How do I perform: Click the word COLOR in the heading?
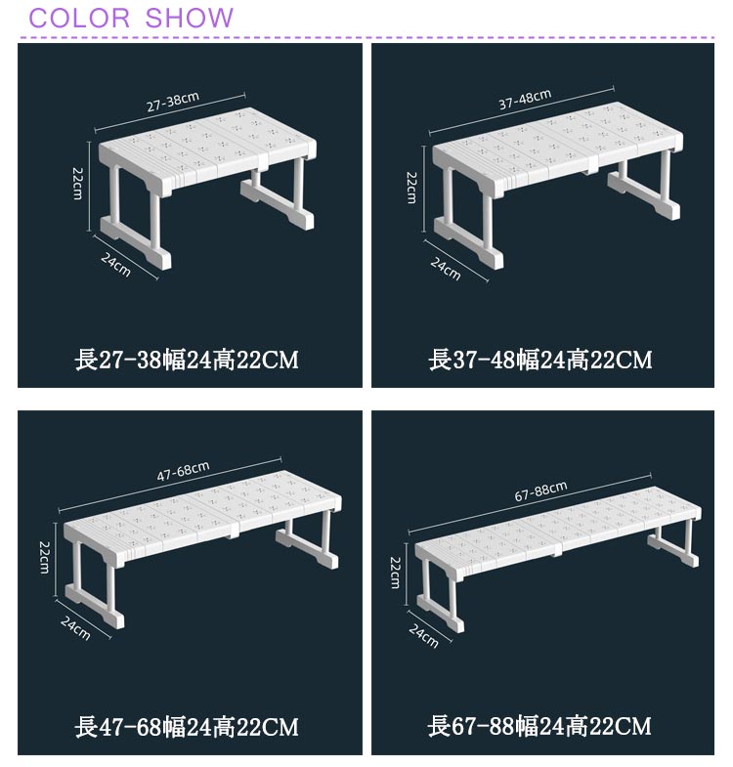pos(79,19)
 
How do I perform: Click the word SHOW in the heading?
pos(189,19)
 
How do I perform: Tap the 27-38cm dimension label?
pos(173,101)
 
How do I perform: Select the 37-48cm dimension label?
pos(525,99)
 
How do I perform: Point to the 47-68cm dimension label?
pos(183,471)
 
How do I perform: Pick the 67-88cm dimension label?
pos(540,490)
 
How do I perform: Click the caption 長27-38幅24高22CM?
pos(187,360)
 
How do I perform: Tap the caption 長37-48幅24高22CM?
pos(540,360)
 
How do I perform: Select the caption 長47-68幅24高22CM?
pos(187,727)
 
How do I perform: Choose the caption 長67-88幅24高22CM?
pos(539,726)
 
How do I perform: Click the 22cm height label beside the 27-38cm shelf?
pos(77,184)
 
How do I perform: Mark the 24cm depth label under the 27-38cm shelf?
pos(116,265)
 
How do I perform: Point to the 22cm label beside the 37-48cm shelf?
pos(411,188)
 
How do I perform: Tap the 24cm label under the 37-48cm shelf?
pos(446,269)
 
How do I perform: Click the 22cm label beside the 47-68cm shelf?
pos(44,557)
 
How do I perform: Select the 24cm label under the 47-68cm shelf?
pos(75,628)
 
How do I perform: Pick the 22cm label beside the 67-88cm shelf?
pos(396,573)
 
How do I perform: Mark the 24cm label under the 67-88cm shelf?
pos(424,636)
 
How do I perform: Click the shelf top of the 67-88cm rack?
pos(558,525)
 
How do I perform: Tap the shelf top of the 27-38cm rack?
pos(207,146)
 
